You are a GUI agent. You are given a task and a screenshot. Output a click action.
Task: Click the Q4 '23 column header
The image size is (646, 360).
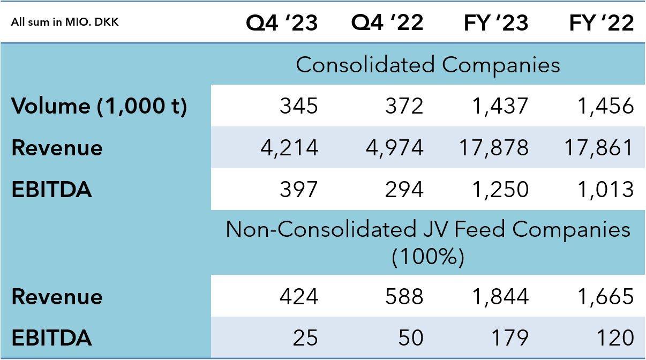282,23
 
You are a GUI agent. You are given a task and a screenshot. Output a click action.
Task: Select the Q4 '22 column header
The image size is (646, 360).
387,23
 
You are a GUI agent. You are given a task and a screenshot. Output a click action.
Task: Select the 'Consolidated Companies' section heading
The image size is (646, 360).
427,65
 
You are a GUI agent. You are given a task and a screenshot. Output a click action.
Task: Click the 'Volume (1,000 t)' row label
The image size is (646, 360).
99,106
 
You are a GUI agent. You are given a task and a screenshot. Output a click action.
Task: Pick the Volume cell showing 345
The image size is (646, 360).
298,106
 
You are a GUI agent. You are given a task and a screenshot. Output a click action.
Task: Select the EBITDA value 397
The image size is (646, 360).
298,189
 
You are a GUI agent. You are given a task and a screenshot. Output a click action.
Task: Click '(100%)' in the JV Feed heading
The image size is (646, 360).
427,258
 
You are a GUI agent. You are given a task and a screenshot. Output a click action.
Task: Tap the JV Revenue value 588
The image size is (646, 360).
404,296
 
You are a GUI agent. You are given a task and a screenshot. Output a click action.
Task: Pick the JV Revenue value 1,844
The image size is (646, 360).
499,296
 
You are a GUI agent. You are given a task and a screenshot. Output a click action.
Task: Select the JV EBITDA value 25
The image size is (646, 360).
305,338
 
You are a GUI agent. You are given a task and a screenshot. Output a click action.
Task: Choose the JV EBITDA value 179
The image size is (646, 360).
509,338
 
